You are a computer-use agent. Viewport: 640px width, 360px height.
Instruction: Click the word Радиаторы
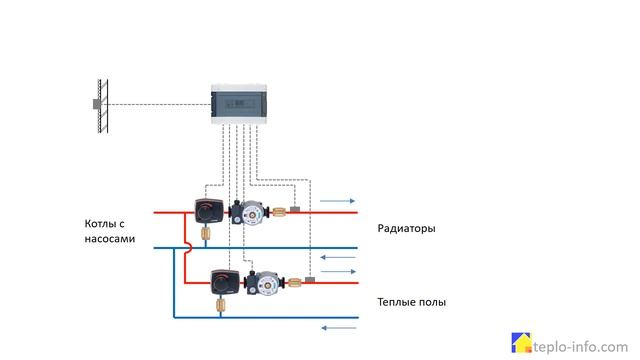pyautogui.click(x=406, y=229)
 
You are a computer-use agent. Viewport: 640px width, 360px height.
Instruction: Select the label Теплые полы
pyautogui.click(x=411, y=301)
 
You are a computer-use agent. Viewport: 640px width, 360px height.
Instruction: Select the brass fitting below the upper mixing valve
pyautogui.click(x=207, y=235)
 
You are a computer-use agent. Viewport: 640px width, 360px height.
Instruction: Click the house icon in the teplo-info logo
pyautogui.click(x=520, y=342)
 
